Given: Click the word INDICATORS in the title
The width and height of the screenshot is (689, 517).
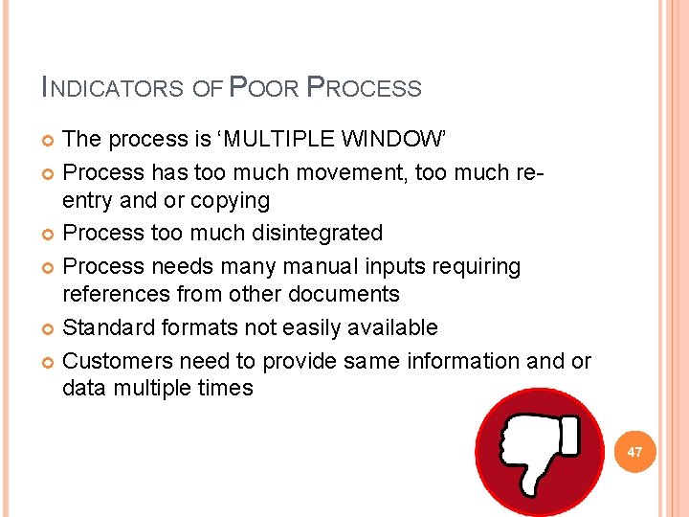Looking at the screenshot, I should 113,88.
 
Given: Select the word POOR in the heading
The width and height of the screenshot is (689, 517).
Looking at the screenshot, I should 263,88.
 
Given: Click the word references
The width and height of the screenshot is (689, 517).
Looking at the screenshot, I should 123,294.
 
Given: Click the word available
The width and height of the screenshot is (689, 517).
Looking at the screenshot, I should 382,327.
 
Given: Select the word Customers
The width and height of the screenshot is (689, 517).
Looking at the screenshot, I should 113,361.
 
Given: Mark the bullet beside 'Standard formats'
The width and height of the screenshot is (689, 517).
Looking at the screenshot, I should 49,328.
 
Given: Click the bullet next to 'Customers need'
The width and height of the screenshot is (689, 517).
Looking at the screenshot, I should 49,362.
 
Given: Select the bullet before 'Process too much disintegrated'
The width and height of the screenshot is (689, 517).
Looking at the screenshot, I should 49,234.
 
